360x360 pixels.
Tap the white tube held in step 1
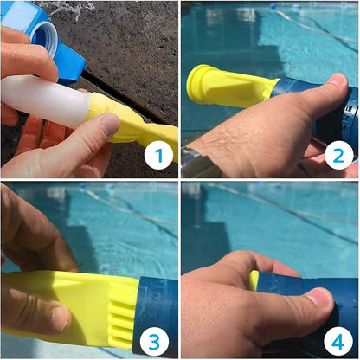coord(43,99)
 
